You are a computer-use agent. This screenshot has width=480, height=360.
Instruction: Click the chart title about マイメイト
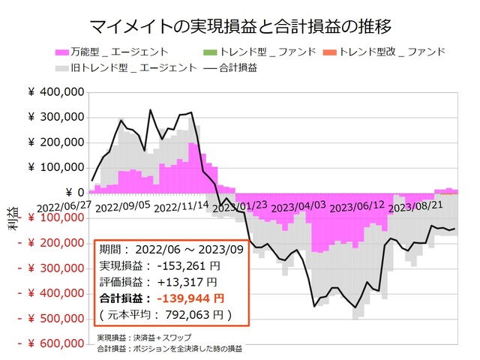coord(240,28)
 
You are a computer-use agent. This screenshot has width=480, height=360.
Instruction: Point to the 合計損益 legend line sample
coord(212,67)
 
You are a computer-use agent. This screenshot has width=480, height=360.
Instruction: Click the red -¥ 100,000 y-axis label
coord(49,217)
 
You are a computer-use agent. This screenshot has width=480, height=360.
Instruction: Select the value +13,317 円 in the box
coord(188,281)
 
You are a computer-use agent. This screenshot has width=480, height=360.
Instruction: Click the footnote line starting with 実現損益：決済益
coord(144,337)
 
